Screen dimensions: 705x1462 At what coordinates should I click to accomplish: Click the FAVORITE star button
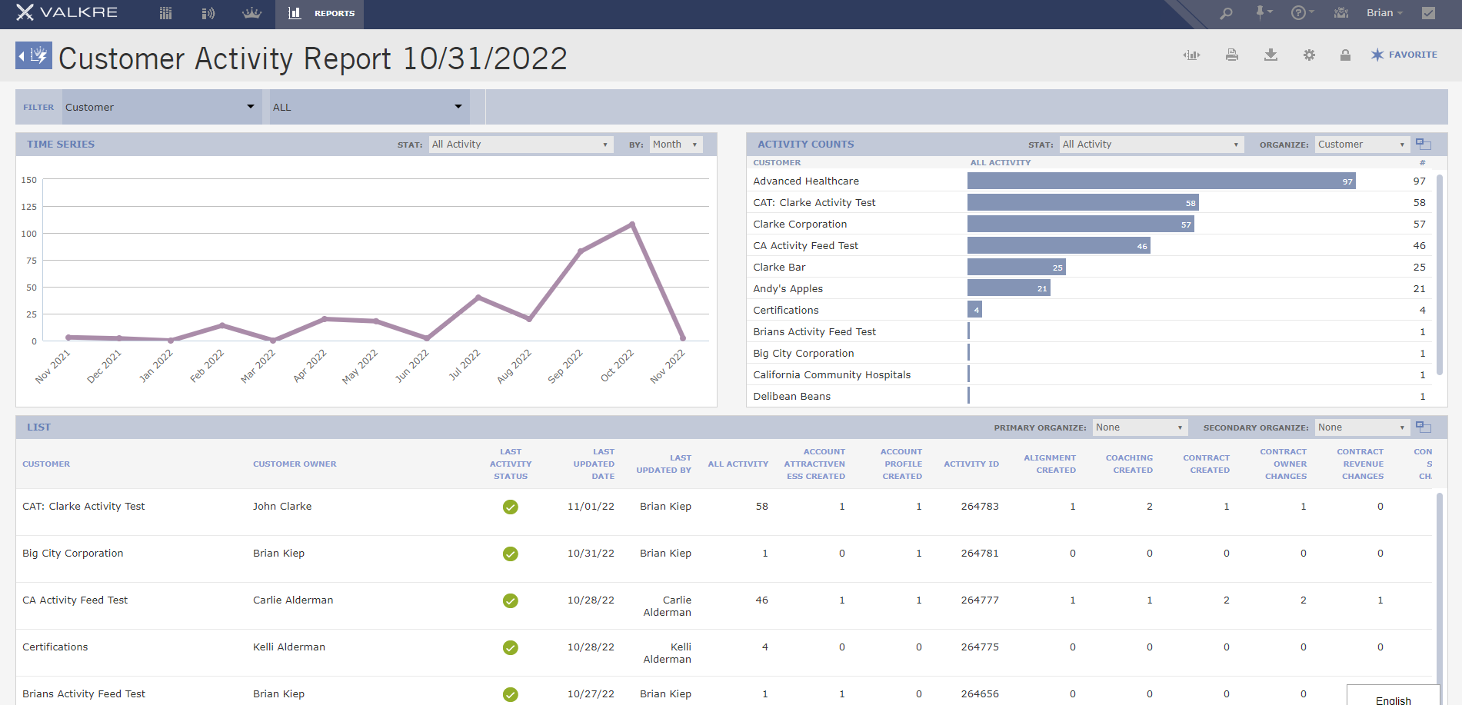(x=1404, y=55)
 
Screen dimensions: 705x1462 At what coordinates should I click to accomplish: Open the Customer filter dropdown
(x=159, y=107)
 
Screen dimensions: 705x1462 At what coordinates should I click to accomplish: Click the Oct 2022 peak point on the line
(x=632, y=224)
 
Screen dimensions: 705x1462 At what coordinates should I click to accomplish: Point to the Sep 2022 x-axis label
(x=565, y=366)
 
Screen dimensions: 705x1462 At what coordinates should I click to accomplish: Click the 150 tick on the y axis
(x=29, y=180)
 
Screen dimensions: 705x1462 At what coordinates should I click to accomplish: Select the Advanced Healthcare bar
(x=1161, y=181)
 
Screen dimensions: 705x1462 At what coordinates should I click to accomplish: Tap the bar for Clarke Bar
(x=1016, y=267)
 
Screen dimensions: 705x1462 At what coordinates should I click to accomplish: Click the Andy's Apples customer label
(x=788, y=288)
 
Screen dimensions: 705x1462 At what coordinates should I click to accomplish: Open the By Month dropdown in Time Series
(x=675, y=145)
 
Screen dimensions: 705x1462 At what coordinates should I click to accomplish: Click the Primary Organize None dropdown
(x=1139, y=427)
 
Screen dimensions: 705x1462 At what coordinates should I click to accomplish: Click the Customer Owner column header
(x=295, y=464)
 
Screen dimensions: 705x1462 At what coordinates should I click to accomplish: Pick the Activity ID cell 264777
(x=979, y=600)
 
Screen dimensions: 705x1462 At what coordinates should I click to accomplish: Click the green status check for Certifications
(x=510, y=647)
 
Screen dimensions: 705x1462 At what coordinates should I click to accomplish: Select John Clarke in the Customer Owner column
(x=282, y=507)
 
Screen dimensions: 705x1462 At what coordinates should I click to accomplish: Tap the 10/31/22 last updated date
(x=591, y=554)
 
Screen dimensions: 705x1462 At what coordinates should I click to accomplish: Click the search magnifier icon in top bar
(x=1226, y=13)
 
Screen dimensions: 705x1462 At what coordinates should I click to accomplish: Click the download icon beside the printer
(x=1271, y=55)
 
